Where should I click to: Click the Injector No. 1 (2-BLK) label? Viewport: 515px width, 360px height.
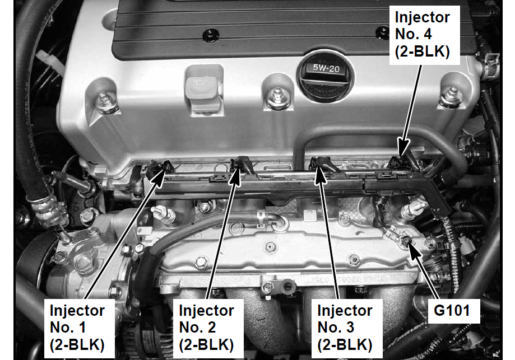point(77,328)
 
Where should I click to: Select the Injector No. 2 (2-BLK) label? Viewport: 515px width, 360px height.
point(207,328)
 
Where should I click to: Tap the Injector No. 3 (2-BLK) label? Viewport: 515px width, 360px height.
point(345,328)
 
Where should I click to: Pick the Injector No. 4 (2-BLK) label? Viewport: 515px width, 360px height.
point(423,35)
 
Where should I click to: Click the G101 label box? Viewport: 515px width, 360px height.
point(452,310)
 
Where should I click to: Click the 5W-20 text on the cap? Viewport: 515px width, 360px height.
point(326,68)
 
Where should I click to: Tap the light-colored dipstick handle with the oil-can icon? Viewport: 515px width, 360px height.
point(203,90)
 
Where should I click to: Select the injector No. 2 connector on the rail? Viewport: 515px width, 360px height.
point(242,165)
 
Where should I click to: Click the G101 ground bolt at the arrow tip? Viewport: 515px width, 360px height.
point(407,241)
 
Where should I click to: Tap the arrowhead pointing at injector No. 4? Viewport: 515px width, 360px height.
point(403,147)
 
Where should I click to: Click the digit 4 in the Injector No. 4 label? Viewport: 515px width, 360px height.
point(428,34)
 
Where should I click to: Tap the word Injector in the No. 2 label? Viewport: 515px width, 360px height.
point(206,310)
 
